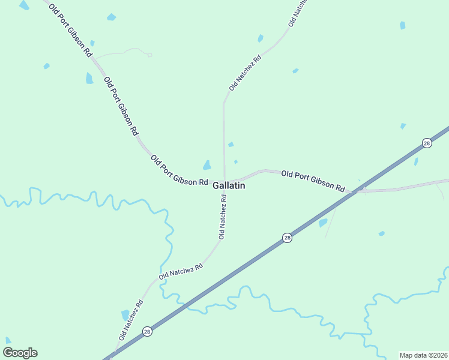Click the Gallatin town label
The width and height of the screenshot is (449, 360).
[x=229, y=186]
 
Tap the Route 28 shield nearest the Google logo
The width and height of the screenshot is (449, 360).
[x=147, y=331]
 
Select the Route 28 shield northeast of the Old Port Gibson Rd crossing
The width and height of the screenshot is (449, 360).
[x=426, y=143]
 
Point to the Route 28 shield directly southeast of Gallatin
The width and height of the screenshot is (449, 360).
[x=288, y=238]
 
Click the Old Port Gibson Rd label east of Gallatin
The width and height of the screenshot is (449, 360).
[x=313, y=180]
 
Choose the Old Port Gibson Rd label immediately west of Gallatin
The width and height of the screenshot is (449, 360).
[x=179, y=170]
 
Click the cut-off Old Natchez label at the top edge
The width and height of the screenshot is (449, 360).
[x=297, y=12]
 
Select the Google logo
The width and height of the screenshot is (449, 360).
[x=20, y=352]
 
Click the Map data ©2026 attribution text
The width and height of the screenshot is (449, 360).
[x=423, y=355]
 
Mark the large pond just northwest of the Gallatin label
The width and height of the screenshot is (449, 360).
[x=206, y=165]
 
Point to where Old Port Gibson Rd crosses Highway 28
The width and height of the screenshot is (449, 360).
[x=358, y=191]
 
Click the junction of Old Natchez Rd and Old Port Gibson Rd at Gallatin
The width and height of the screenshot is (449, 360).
[x=224, y=180]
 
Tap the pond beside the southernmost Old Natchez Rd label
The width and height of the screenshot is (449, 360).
[x=125, y=315]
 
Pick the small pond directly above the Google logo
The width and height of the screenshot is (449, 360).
[x=8, y=340]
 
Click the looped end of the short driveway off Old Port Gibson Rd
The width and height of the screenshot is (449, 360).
[x=149, y=55]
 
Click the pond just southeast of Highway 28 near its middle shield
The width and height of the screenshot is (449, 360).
[x=323, y=223]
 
